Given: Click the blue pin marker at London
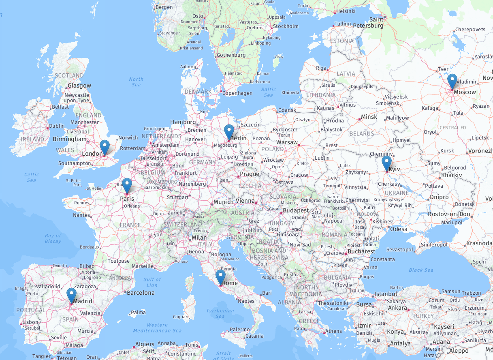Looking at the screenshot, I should tap(105, 147).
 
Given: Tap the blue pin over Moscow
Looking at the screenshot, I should tap(452, 81).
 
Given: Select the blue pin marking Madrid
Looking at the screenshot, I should tap(72, 295).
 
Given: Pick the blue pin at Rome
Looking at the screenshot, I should tap(220, 277).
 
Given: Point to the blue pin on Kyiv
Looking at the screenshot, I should tap(386, 163).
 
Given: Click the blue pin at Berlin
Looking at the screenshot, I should tap(229, 132).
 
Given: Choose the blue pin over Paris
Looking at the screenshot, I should tap(127, 185).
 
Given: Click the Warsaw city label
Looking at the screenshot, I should tap(287, 143).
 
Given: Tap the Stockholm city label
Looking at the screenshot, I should tap(286, 26).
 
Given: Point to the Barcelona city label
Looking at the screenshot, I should tap(141, 292).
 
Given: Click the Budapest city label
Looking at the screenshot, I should tap(296, 211).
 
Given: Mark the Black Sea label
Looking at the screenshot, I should tap(421, 270).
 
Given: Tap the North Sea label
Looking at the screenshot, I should tap(136, 82).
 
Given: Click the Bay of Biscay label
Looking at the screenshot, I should tap(53, 238).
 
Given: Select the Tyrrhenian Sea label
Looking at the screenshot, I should tap(220, 313).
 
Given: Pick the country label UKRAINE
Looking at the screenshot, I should tap(397, 193).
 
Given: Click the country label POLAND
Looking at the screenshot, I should tap(273, 149).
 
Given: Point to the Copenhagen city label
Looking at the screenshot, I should tap(238, 93).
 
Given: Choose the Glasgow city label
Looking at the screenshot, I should tap(79, 86).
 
